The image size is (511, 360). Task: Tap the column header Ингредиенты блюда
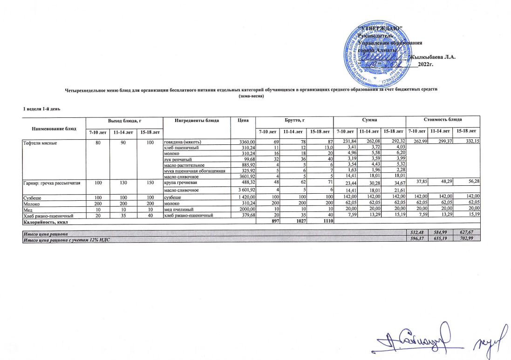197,120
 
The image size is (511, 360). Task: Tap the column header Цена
242,120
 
